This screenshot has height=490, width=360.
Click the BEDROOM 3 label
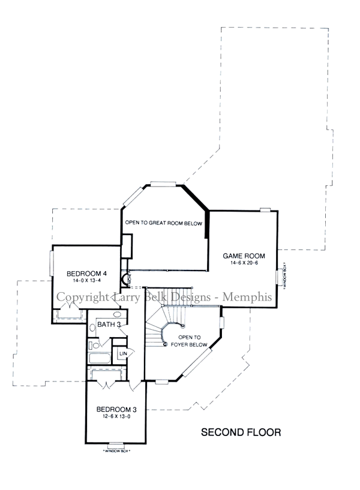click(x=116, y=410)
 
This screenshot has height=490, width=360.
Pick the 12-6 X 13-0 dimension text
click(x=116, y=417)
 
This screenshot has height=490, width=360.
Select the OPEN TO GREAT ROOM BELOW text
click(x=164, y=223)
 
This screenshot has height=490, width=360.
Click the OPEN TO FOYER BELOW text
click(x=193, y=341)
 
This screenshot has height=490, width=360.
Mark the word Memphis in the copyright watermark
click(x=249, y=297)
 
